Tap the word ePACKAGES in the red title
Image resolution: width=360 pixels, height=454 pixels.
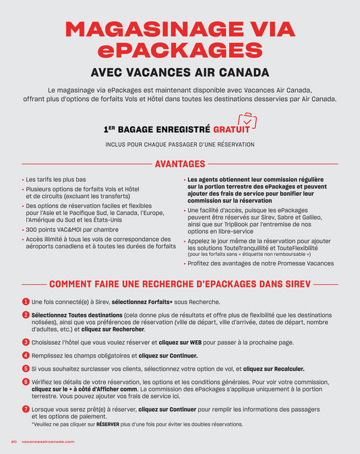[x=179, y=51]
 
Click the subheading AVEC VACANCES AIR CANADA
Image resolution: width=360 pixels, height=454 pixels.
[x=179, y=73]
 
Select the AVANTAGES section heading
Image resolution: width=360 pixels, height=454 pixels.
[x=179, y=164]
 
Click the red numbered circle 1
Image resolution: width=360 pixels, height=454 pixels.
[x=26, y=302]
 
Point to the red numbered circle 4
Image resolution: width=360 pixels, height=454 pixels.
[x=26, y=355]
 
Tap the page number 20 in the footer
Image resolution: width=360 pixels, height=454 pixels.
[x=13, y=442]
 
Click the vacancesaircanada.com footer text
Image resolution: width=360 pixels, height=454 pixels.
[x=48, y=442]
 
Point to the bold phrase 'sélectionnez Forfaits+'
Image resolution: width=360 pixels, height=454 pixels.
[x=142, y=302]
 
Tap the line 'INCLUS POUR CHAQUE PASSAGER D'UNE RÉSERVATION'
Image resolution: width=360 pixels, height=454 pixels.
[x=179, y=144]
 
